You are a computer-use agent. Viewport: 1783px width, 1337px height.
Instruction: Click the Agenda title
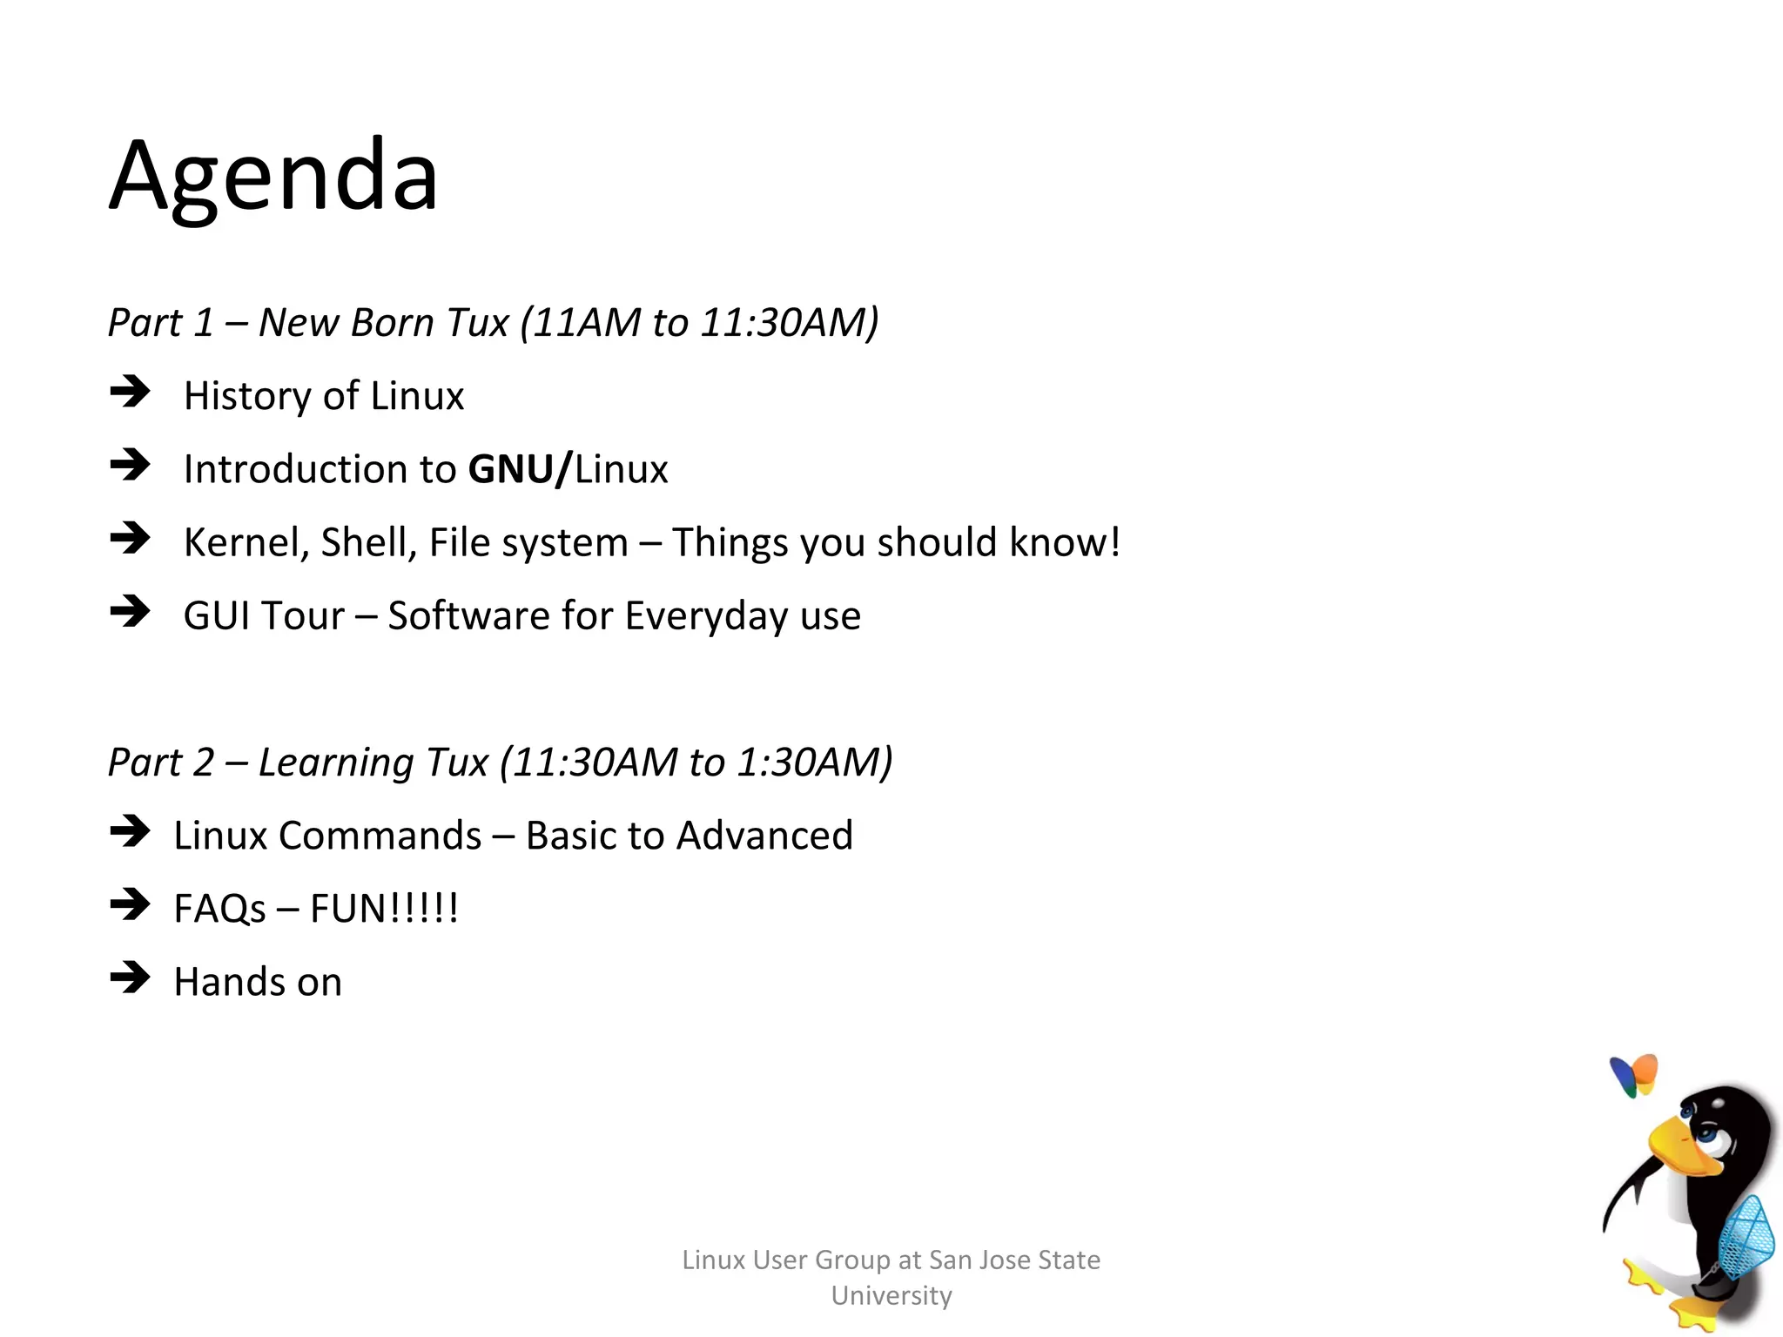click(x=273, y=177)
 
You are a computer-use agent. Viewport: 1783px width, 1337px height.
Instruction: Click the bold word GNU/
click(x=520, y=469)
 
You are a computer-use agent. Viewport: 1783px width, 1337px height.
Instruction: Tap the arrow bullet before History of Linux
click(x=131, y=392)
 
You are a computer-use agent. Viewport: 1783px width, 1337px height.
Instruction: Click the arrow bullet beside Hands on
click(x=131, y=978)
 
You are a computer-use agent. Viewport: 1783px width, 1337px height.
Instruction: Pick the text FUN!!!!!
click(x=384, y=909)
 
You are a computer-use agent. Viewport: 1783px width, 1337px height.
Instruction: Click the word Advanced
click(x=764, y=836)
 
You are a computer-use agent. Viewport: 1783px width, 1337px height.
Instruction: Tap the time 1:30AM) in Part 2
click(x=815, y=763)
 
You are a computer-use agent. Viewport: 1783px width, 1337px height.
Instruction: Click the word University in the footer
click(x=891, y=1295)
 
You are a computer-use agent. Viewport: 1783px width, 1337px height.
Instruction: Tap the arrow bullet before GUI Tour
click(x=131, y=611)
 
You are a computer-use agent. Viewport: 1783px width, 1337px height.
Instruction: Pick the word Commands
click(x=380, y=836)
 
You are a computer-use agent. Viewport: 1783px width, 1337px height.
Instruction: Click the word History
click(x=247, y=396)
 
